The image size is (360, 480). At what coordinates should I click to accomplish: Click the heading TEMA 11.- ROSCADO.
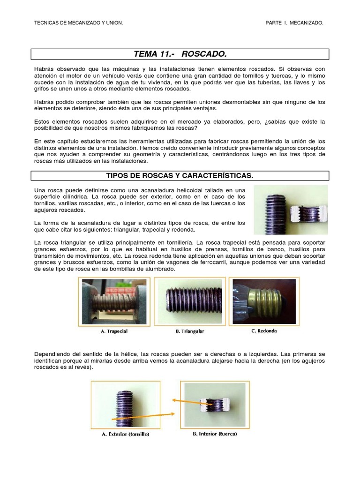[180, 54]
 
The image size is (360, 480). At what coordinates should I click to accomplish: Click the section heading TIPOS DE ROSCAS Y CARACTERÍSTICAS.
[180, 175]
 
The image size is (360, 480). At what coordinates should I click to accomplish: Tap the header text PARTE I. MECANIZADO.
[294, 22]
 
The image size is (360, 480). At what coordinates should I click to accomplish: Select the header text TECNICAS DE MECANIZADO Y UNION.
[79, 22]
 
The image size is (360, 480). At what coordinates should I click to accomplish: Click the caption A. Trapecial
[114, 331]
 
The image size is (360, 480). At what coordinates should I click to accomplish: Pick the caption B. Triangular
[190, 331]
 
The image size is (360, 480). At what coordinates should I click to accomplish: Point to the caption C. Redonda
[264, 330]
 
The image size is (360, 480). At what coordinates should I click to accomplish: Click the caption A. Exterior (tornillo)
[126, 434]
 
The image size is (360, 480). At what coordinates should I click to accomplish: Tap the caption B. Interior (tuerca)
[215, 434]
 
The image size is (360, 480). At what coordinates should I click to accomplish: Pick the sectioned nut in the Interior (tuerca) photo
[214, 404]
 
